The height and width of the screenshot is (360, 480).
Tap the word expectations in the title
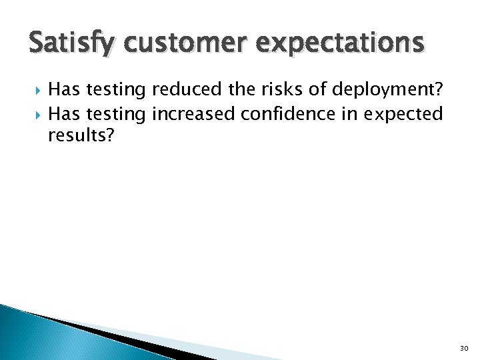[339, 43]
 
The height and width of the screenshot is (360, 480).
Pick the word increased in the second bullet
[193, 114]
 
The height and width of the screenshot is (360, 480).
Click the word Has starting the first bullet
[64, 89]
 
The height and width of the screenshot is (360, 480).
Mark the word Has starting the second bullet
[64, 114]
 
